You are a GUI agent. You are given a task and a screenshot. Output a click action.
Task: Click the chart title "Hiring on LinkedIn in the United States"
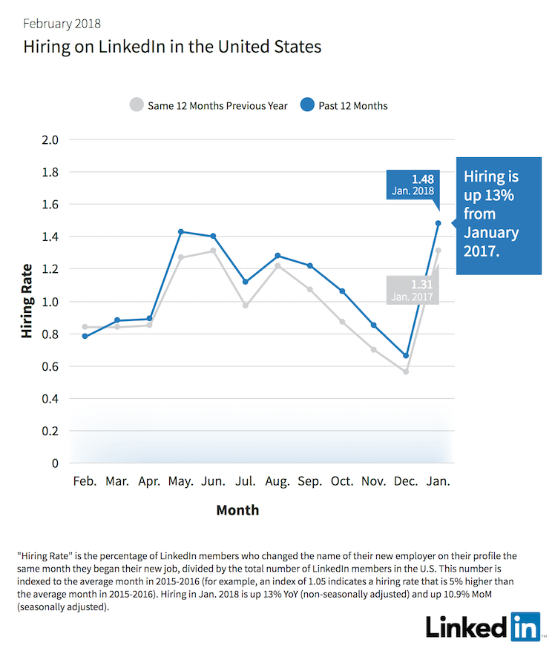(x=172, y=47)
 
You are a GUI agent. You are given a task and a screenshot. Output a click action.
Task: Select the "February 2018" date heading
(x=64, y=24)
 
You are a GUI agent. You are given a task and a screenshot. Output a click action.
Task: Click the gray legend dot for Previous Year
(x=137, y=105)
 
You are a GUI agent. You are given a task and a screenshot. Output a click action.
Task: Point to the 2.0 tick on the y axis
(x=49, y=139)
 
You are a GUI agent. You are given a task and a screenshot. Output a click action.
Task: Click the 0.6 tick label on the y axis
(x=49, y=366)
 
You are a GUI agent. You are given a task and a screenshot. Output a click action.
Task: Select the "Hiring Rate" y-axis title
(x=27, y=301)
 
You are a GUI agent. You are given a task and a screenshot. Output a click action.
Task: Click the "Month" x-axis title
(x=237, y=510)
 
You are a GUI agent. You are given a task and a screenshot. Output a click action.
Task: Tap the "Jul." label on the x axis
(x=246, y=481)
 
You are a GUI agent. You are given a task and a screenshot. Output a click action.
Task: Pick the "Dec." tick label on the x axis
(x=405, y=481)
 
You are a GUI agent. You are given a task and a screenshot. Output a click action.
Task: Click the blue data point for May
(x=181, y=232)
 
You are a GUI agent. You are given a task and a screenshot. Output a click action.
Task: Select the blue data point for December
(x=406, y=356)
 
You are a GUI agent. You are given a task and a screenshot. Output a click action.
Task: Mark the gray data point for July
(x=246, y=305)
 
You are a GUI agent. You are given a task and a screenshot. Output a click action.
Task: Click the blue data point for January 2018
(x=438, y=223)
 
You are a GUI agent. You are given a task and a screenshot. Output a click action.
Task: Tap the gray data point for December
(x=406, y=371)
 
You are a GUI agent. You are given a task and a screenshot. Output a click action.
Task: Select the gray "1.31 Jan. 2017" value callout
(x=411, y=289)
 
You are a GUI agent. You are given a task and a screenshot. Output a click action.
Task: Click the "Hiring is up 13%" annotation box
(x=498, y=215)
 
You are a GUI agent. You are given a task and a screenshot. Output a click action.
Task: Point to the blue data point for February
(x=85, y=337)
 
